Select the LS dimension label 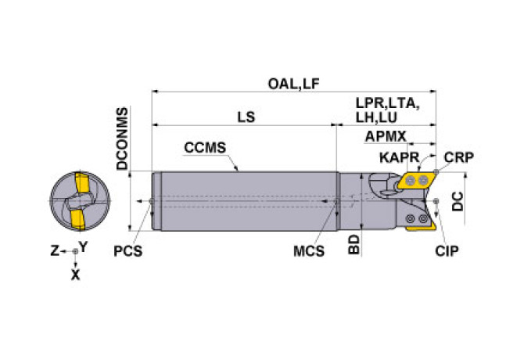tap(246, 116)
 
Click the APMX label tap(385, 137)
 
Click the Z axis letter tap(55, 250)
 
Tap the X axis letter tap(75, 275)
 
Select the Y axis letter tap(84, 246)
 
